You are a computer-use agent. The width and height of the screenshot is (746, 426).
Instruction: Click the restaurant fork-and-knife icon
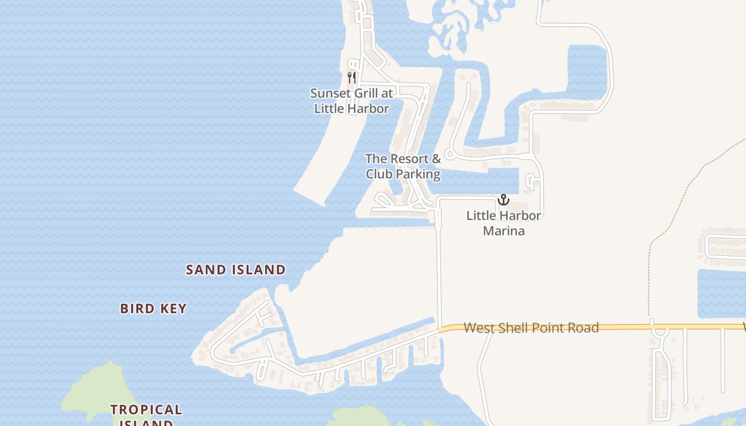(x=351, y=78)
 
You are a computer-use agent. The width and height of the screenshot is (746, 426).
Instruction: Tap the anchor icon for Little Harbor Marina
(x=504, y=200)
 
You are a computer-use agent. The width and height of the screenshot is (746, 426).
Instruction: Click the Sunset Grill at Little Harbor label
(x=351, y=101)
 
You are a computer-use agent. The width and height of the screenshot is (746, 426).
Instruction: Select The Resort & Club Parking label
(x=403, y=166)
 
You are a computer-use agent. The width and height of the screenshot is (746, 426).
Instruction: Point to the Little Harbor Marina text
(x=504, y=223)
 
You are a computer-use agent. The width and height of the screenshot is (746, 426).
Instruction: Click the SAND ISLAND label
(x=236, y=270)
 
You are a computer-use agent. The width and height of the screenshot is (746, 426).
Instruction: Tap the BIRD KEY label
(x=153, y=308)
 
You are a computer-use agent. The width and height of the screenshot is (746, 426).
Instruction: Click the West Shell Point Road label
(x=531, y=327)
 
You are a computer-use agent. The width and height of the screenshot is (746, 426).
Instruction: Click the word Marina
(x=504, y=231)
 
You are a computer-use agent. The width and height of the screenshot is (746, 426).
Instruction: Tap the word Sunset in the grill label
(x=329, y=93)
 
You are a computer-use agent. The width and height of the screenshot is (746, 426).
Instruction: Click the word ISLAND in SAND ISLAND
(x=258, y=270)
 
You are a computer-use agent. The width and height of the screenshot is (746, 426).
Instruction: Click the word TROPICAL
(x=146, y=409)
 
